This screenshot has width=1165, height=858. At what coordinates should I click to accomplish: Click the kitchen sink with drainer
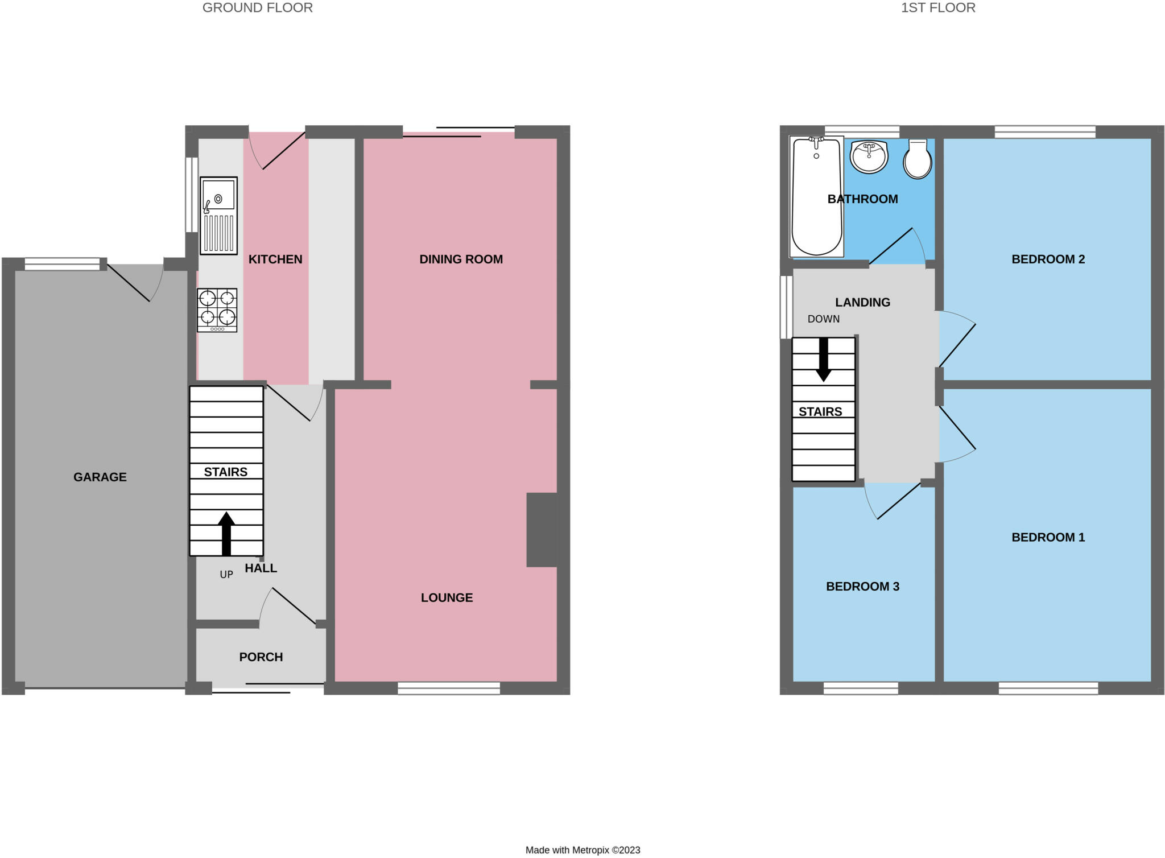pos(218,216)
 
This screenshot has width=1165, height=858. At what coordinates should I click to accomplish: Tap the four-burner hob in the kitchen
pos(217,310)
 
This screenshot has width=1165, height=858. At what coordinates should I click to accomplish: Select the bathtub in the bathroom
pos(816,196)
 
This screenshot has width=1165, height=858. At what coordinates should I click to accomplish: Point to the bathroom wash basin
pos(869,156)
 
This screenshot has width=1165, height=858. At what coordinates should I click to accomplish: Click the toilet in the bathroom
pos(918,159)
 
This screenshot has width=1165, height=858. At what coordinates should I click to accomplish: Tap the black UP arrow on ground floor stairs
pos(226,533)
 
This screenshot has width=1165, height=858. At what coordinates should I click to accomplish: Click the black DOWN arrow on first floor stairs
pos(823,360)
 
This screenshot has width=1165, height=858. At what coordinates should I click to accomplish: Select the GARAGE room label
pos(100,477)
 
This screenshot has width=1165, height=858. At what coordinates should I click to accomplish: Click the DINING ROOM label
pos(461,259)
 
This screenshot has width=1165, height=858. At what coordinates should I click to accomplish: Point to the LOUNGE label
pos(447,597)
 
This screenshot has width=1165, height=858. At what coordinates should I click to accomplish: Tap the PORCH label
pos(261,657)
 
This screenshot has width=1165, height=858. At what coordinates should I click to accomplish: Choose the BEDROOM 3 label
pos(862,587)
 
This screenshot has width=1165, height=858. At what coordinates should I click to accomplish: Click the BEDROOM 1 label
pos(1048,537)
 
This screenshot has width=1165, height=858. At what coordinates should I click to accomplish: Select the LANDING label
pos(862,303)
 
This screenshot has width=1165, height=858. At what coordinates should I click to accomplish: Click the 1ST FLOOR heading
pos(938,8)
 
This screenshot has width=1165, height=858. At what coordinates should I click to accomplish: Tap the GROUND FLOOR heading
pos(258,8)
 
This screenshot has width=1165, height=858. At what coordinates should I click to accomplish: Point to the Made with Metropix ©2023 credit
pos(582,850)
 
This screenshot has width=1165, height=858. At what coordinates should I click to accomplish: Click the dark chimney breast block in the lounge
pos(542,530)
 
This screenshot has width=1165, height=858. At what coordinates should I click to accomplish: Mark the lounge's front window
pos(449,688)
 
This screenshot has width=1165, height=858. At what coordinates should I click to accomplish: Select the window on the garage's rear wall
pos(63,264)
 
